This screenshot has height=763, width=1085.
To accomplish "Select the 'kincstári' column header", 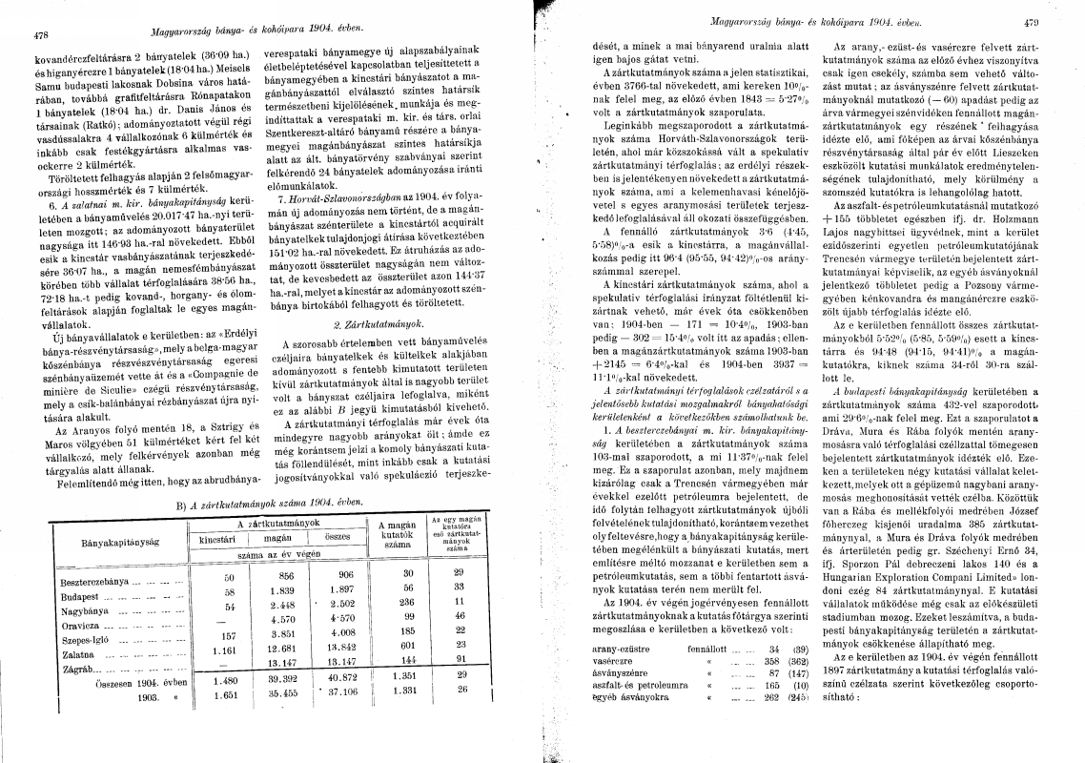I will pyautogui.click(x=216, y=539).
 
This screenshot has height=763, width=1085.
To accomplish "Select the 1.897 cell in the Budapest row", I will pyautogui.click(x=339, y=591).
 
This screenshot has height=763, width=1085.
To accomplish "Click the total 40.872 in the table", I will pyautogui.click(x=338, y=679).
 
